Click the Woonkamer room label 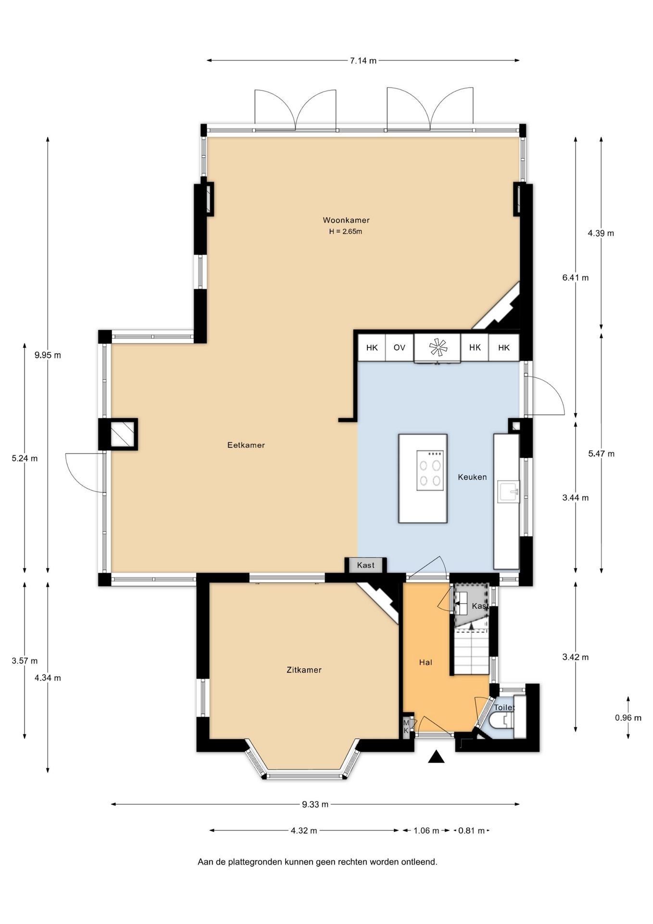coord(346,220)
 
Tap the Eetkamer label coord(246,445)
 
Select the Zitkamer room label coord(304,670)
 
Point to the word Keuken coord(472,477)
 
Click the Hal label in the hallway coord(426,663)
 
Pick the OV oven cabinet coord(399,347)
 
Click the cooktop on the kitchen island coord(430,471)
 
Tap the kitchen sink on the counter coord(509,491)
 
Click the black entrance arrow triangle coord(436,757)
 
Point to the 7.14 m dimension coord(363,61)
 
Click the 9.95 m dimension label coord(48,356)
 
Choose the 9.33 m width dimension coord(315,804)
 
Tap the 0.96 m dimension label coord(628,718)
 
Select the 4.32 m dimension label coord(304,831)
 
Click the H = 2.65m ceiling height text coord(346,231)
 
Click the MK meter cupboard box coord(406,726)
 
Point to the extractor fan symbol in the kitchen coord(438,347)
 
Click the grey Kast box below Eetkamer coord(365,565)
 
